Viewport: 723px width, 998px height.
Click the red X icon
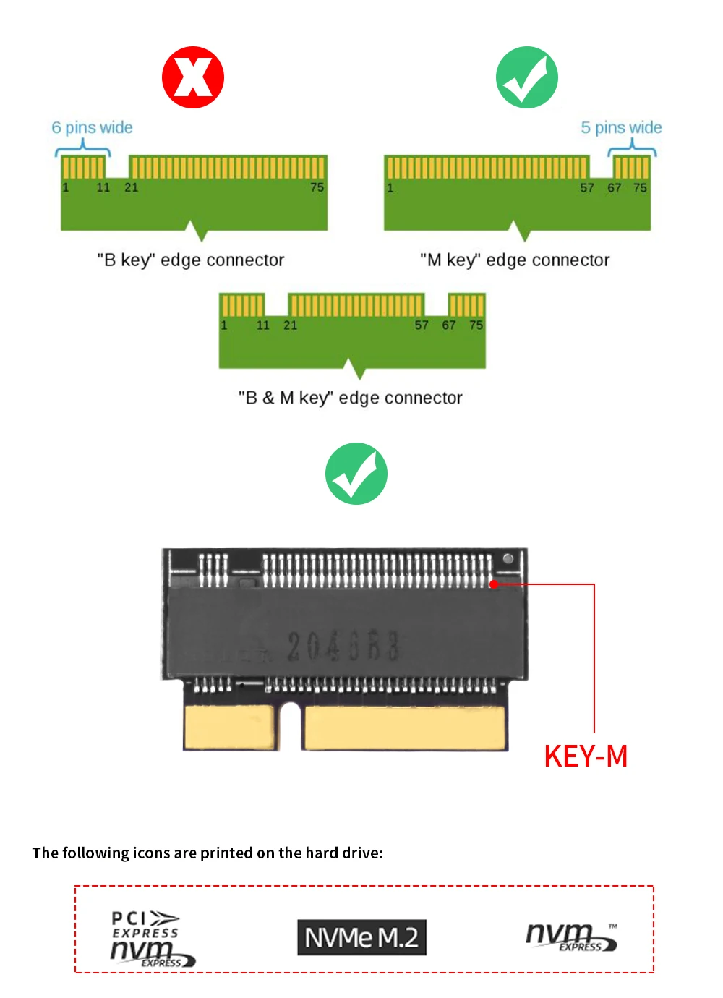click(x=193, y=77)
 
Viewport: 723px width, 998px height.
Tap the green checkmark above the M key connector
click(x=527, y=77)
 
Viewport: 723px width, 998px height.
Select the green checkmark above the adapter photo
click(x=356, y=474)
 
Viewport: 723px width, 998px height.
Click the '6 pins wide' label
click(x=92, y=128)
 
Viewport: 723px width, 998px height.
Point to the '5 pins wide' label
click(x=621, y=128)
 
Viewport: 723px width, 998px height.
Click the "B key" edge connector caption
click(x=191, y=260)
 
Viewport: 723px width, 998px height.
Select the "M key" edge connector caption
click(x=515, y=260)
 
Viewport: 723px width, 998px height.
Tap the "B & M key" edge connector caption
click(x=351, y=398)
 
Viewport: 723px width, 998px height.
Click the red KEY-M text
click(x=586, y=756)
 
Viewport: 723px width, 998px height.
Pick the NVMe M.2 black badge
click(x=361, y=937)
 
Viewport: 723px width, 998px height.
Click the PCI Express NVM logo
click(x=152, y=938)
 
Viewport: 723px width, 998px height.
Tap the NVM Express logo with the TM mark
click(x=571, y=937)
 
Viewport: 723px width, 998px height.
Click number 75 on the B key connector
click(x=317, y=187)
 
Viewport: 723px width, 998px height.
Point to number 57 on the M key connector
click(x=587, y=188)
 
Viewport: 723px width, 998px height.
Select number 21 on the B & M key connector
click(x=290, y=325)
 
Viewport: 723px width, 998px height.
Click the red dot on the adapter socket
click(x=494, y=584)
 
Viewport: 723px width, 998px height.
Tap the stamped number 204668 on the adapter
click(x=343, y=646)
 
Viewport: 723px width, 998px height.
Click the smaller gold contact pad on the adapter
click(x=230, y=727)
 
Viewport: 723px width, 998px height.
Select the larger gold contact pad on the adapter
click(x=404, y=728)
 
